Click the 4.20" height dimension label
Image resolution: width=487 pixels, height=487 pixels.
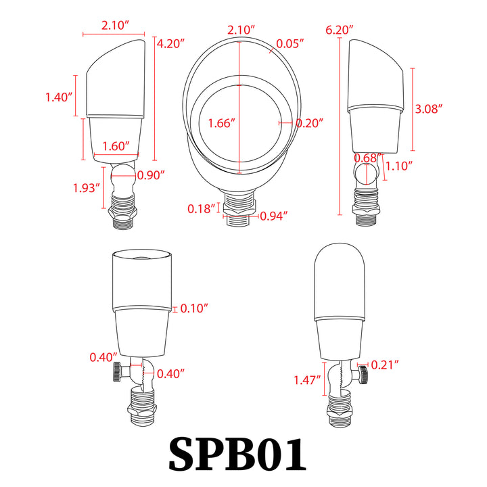pos(170,43)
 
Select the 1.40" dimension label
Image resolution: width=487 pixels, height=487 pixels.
pos(59,97)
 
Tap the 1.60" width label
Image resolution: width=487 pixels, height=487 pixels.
pos(116,146)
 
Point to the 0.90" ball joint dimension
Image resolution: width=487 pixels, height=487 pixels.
pos(151,175)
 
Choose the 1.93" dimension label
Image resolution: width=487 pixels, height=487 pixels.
pos(87,188)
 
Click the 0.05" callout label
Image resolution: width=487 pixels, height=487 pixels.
pos(289,43)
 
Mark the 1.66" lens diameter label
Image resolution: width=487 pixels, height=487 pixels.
pos(221,123)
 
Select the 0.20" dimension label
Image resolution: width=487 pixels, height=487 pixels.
pos(309,123)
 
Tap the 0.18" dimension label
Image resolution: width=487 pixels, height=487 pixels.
pos(202,209)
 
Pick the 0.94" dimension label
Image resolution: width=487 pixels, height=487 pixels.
pos(274,216)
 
